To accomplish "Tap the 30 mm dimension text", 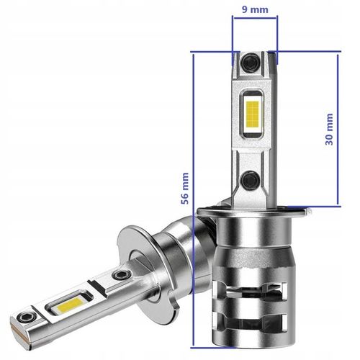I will pyautogui.click(x=329, y=130).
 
